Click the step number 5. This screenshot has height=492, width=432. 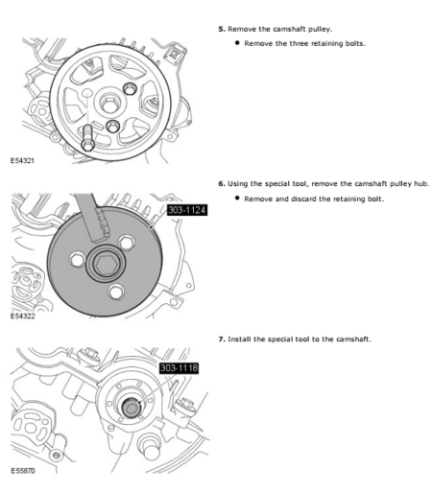(222, 30)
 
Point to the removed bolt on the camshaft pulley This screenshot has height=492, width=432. (87, 135)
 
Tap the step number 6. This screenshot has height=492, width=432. (222, 183)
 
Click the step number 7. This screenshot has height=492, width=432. (222, 339)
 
